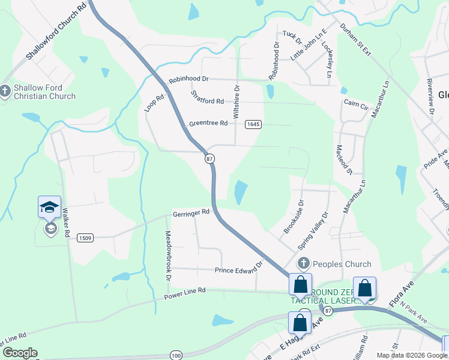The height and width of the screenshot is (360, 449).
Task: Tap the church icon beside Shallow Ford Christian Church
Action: tap(5, 91)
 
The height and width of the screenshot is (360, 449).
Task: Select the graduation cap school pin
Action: tap(49, 208)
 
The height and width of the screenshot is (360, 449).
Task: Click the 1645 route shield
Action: tap(253, 124)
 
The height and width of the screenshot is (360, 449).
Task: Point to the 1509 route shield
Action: tap(85, 238)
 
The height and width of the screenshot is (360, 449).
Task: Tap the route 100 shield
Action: tap(175, 355)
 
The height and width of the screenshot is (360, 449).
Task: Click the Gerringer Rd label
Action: tap(191, 212)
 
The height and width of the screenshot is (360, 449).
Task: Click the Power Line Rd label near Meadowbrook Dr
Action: tap(185, 292)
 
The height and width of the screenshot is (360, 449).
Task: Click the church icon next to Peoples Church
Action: tap(304, 264)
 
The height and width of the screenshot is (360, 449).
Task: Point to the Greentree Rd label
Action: tap(208, 124)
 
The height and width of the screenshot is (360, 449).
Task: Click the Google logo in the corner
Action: tap(20, 353)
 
